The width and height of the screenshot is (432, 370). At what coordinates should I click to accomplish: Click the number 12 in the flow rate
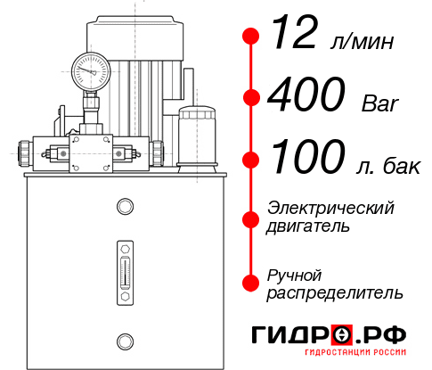pos(295,37)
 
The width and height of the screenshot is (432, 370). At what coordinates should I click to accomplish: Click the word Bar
pos(380,104)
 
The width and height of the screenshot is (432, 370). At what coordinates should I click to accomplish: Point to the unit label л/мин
pos(361,42)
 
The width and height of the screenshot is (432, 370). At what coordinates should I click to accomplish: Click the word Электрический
pos(330,208)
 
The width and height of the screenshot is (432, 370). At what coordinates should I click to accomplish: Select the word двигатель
pos(308,226)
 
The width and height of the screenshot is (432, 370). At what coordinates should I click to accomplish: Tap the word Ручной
pos(294,274)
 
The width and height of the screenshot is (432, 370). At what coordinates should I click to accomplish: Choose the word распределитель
pos(334,292)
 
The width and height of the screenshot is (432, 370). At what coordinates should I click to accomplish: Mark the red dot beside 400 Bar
pos(251,98)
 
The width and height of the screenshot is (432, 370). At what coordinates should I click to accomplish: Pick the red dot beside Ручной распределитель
pos(251,283)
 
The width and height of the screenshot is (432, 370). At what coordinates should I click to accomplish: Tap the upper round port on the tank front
pos(124,207)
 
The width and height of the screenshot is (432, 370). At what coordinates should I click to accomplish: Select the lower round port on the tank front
pos(124,340)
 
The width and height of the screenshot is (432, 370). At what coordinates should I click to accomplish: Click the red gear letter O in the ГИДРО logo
pos(342,335)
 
